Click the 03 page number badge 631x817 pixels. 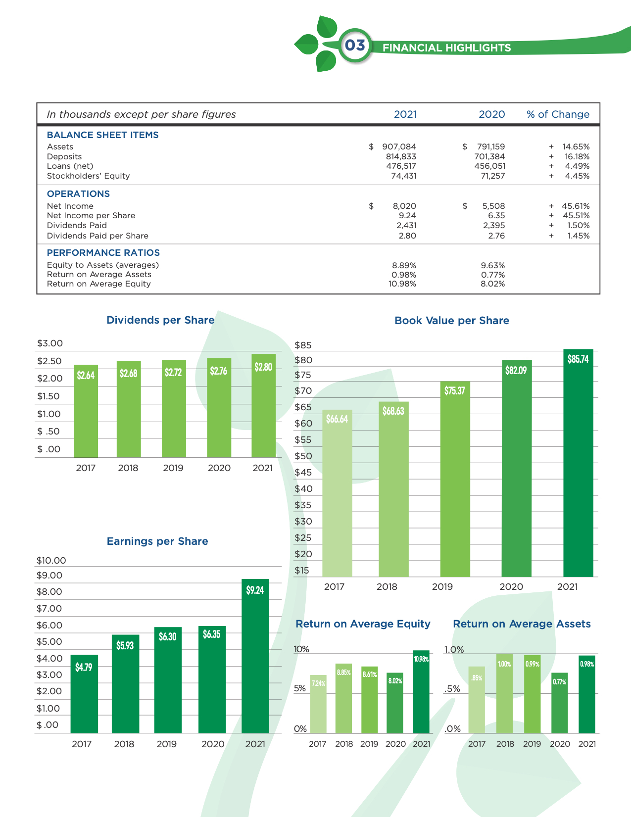coord(355,46)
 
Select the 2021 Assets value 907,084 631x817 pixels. coord(399,146)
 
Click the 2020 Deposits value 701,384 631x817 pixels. coord(489,156)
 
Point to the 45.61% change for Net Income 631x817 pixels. coord(575,206)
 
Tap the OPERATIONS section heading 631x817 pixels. coord(78,194)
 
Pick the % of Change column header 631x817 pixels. coord(558,114)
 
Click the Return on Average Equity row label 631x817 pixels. coord(98,284)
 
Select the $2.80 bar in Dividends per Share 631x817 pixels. coord(263,406)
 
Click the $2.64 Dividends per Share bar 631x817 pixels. coord(86,411)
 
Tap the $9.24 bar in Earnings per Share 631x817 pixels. coord(255,656)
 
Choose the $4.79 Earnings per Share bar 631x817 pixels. coord(84,694)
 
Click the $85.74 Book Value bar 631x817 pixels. coord(578,463)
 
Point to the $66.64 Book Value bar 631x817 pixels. coord(337,493)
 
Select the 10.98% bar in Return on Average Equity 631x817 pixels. coord(421,692)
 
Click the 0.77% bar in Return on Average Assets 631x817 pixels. coord(559,703)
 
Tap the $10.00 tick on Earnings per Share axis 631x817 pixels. coord(51,561)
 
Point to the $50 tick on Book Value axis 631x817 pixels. coord(303,456)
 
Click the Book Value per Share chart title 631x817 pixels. coord(451,321)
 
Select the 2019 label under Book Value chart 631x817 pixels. coord(442,587)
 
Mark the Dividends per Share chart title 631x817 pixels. coord(160,320)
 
